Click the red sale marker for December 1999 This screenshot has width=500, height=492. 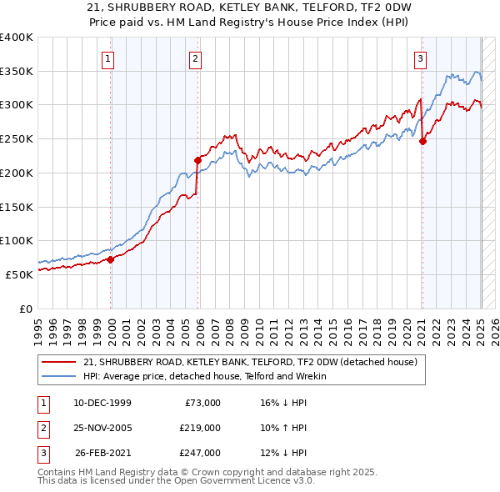coord(111,259)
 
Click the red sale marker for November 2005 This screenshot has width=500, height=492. coord(197,160)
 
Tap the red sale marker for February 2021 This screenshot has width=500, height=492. coord(422,141)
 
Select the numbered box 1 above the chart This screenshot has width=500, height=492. coord(109,58)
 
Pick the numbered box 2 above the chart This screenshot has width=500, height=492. coord(194,58)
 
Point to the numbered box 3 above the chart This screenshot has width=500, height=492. coord(421,58)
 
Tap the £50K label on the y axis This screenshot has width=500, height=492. coord(20,274)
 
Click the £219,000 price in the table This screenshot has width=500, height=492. coord(200,428)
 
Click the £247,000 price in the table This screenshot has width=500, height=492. coord(200,453)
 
